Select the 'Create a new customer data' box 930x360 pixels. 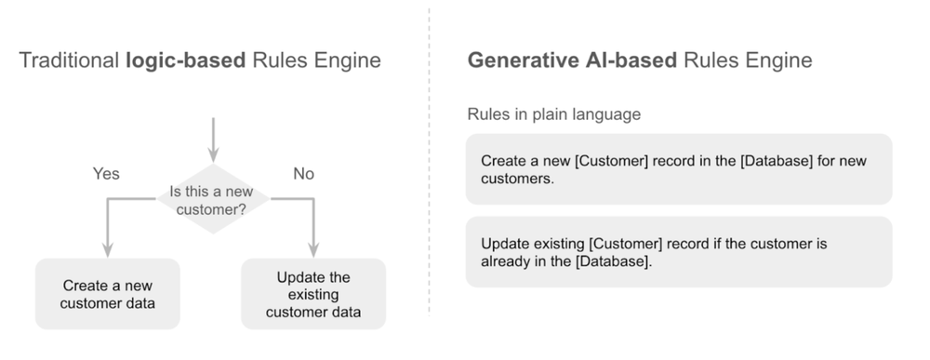107,294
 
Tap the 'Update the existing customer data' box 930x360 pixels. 312,294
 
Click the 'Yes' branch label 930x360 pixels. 106,174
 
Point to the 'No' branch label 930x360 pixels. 303,174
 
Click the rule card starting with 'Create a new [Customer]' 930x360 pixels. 678,169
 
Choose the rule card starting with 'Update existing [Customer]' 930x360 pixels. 678,252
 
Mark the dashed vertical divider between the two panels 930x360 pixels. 429,167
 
